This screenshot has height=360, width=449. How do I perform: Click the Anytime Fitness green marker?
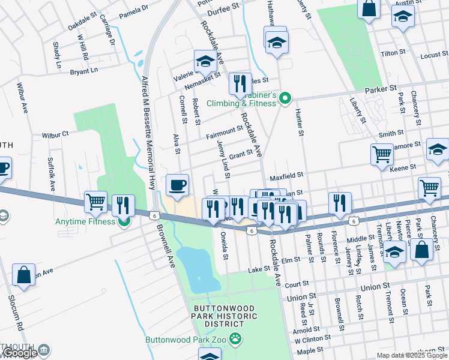[124, 221]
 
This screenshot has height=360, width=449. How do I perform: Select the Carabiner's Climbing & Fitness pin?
[286, 98]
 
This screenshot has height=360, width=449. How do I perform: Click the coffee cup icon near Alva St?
[176, 185]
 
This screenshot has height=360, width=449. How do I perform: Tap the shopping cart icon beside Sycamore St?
[382, 154]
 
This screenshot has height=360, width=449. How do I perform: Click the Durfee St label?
[223, 11]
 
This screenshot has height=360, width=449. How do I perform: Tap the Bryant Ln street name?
[83, 71]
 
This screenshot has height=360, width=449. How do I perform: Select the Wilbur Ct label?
[55, 135]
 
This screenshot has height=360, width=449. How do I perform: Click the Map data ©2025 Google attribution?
[412, 355]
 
